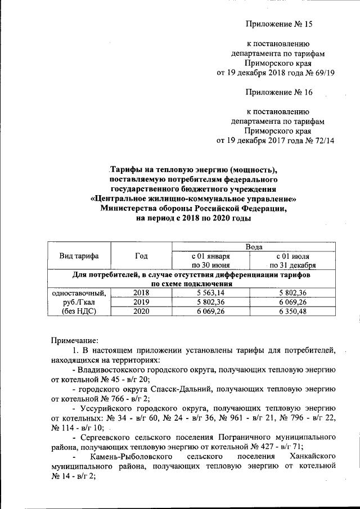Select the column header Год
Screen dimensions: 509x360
pos(141,256)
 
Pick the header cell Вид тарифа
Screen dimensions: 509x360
pos(79,256)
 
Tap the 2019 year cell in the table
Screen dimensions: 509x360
pos(141,301)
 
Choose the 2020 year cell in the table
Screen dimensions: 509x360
pos(141,310)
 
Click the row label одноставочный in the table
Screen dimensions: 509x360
pos(79,292)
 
